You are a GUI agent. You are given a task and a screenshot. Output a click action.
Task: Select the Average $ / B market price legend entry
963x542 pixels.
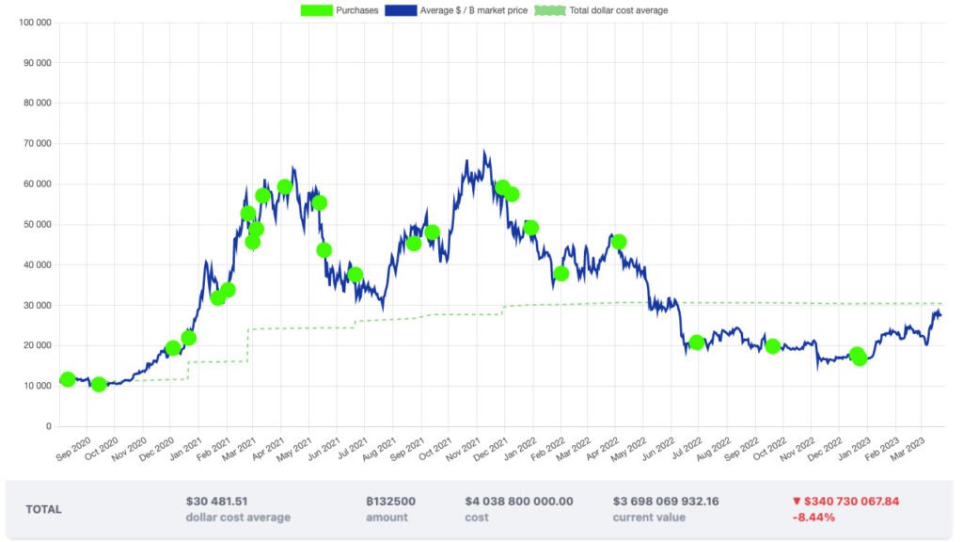[456, 10]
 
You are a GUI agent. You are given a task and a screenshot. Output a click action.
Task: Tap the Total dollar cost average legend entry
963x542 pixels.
[602, 10]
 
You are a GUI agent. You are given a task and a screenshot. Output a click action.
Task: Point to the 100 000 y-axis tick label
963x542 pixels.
[35, 23]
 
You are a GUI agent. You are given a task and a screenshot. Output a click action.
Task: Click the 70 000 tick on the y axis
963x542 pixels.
[38, 144]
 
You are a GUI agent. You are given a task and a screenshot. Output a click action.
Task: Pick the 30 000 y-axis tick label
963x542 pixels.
[38, 306]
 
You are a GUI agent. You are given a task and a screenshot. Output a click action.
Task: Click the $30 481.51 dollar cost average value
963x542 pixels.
[217, 502]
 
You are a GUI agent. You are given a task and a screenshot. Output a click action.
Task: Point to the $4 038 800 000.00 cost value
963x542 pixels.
[518, 502]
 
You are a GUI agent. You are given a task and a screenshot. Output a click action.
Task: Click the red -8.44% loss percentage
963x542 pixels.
[813, 518]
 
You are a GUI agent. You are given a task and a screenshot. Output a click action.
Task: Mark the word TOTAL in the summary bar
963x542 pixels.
[44, 509]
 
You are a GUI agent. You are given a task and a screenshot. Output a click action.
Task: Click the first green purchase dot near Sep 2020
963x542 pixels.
[67, 379]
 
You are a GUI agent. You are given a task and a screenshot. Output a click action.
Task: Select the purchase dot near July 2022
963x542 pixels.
[697, 343]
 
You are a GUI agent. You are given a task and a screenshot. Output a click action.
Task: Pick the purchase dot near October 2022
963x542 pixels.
[773, 346]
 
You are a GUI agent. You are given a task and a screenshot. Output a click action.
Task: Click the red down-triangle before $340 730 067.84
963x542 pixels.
[797, 502]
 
